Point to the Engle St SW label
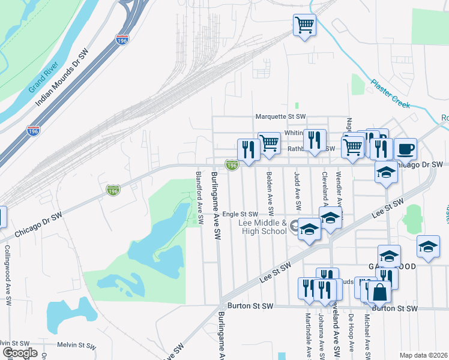pos(240,214)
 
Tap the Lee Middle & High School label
pos(262,227)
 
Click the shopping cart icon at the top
pos(304,25)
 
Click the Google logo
pos(20,352)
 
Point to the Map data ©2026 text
pos(424,355)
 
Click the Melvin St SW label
pos(76,346)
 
